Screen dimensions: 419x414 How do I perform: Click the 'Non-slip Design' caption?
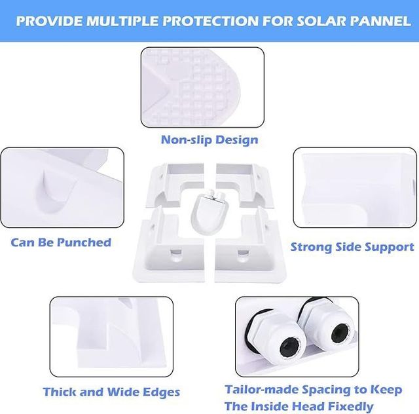coord(209,140)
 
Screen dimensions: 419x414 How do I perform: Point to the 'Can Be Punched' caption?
coord(61,242)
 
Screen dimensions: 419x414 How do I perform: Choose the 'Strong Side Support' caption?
coord(352,247)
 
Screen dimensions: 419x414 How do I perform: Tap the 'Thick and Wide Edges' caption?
coord(111,392)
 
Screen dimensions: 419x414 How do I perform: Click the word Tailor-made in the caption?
coord(262,389)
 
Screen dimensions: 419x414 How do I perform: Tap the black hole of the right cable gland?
coord(340,333)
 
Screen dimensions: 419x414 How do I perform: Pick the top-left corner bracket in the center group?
coord(175,185)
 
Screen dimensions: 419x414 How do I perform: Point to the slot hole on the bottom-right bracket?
coord(243,252)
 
